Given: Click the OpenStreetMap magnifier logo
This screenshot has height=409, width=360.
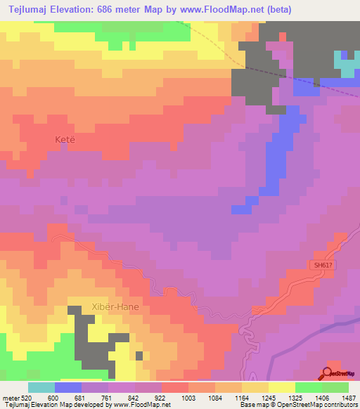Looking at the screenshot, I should [x=328, y=373].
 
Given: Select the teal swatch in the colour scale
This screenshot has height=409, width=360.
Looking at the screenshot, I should [x=41, y=388].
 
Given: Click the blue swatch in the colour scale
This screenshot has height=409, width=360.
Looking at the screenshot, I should [x=67, y=388].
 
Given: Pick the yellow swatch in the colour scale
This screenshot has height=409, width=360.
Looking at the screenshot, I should [x=281, y=388].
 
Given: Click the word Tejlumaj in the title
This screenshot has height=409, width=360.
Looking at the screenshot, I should [x=33, y=10].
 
